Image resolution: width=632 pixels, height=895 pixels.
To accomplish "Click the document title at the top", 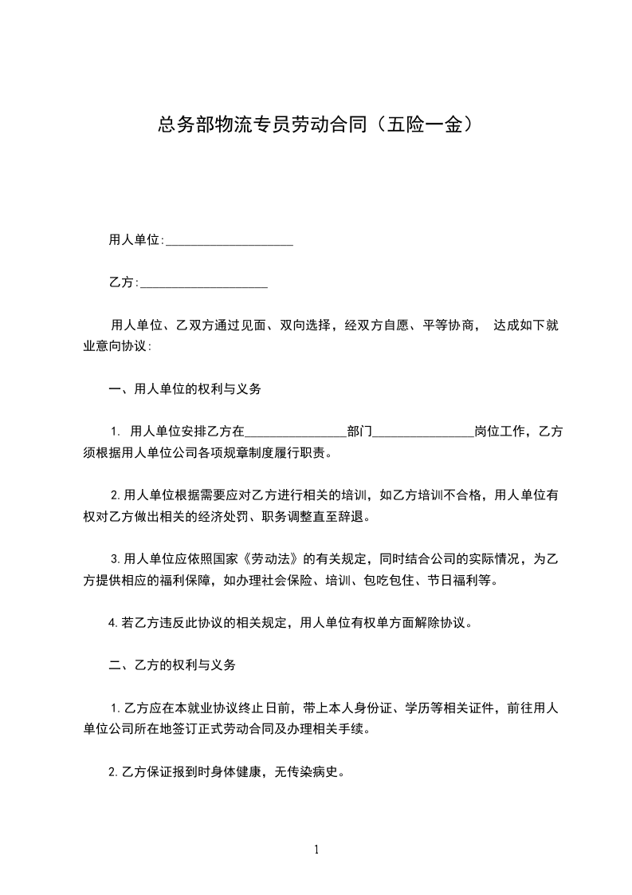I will (x=316, y=124).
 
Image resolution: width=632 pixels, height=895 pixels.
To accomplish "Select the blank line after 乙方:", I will (x=203, y=282).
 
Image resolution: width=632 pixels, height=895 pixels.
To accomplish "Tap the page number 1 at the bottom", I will (x=316, y=850).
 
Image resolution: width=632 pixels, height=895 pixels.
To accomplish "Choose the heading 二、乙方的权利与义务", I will (x=171, y=664).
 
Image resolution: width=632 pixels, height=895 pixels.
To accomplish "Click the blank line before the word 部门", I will (x=296, y=432).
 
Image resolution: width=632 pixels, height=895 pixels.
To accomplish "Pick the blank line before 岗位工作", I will (x=423, y=432).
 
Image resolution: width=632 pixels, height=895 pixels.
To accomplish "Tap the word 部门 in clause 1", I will (x=359, y=432).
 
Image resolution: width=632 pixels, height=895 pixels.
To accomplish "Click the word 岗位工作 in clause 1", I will (x=500, y=432).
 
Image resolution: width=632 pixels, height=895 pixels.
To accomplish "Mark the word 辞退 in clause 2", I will (x=351, y=516).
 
